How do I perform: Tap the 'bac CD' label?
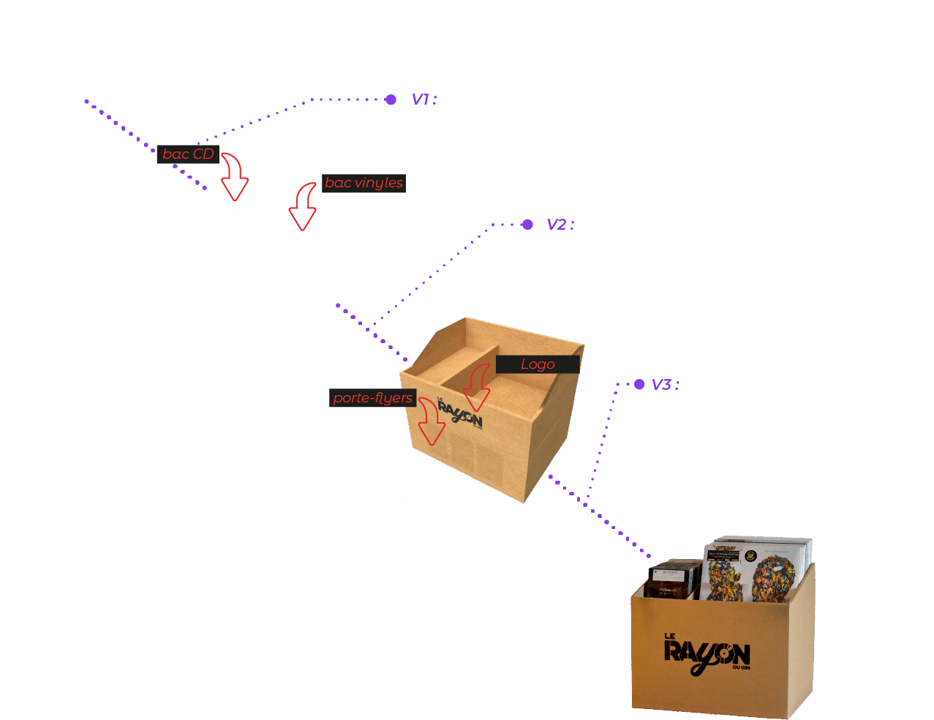pyautogui.click(x=188, y=154)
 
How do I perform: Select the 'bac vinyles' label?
pyautogui.click(x=364, y=183)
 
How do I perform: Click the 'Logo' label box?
pyautogui.click(x=538, y=364)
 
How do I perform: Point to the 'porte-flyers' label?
pyautogui.click(x=372, y=398)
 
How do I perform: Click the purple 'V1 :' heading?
pyautogui.click(x=424, y=100)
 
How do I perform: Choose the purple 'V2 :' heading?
pyautogui.click(x=560, y=225)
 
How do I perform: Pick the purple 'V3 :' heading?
pyautogui.click(x=665, y=385)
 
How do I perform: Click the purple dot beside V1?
pyautogui.click(x=391, y=99)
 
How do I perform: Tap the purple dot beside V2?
pyautogui.click(x=527, y=225)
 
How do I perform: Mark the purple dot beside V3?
pyautogui.click(x=639, y=384)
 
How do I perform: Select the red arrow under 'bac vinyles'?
pyautogui.click(x=303, y=209)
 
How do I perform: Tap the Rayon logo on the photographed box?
pyautogui.click(x=707, y=650)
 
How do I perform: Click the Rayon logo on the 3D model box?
pyautogui.click(x=459, y=413)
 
